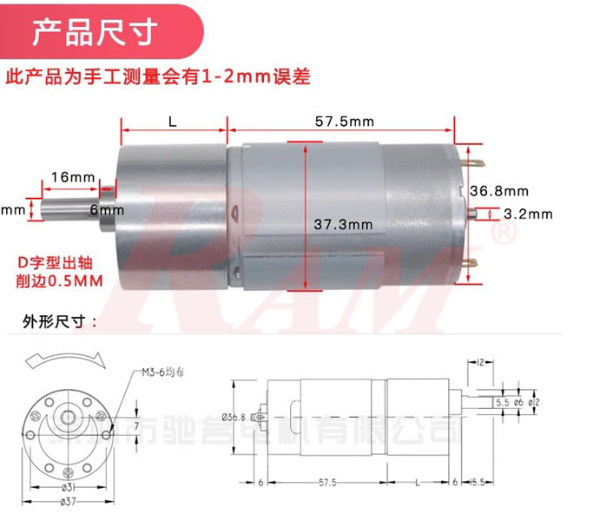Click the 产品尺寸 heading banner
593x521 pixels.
coord(95,34)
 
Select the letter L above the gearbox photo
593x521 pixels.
coord(173,122)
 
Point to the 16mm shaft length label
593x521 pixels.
coord(73,178)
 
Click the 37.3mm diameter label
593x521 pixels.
coord(343,224)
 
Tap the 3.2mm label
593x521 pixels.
coord(528,214)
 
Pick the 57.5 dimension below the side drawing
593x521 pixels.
coord(326,482)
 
